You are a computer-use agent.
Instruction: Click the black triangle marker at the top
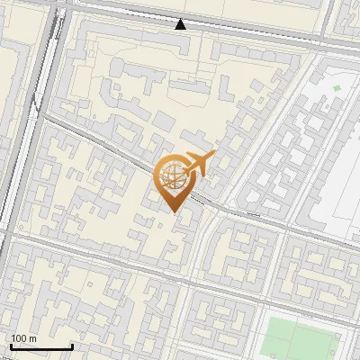181,24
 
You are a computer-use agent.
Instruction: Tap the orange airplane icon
199,163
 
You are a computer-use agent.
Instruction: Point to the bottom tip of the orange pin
174,211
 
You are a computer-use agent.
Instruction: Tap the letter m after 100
33,338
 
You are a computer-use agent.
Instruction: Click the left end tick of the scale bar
10,346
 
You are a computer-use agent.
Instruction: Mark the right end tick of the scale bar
72,346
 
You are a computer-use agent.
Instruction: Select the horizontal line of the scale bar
40,347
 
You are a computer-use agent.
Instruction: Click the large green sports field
297,337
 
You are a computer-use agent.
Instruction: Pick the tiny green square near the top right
337,88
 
